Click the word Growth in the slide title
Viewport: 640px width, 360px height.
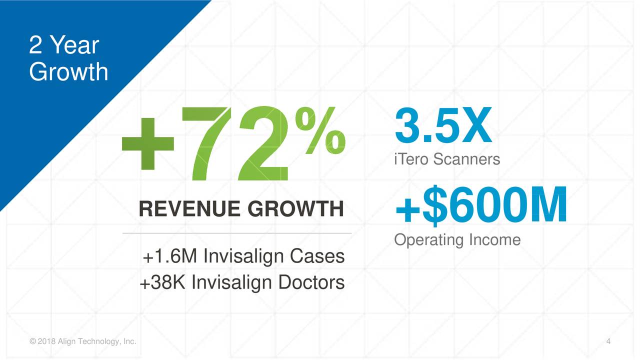(x=68, y=71)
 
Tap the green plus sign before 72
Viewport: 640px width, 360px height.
(x=147, y=143)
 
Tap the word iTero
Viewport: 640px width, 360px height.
(x=411, y=159)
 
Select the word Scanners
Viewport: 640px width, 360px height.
(x=466, y=159)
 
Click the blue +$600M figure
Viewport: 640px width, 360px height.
(x=481, y=205)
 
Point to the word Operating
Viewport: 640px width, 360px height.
(x=429, y=240)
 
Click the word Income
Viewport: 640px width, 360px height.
(x=494, y=240)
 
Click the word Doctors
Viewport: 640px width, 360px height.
(x=311, y=283)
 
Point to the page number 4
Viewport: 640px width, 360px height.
(x=608, y=341)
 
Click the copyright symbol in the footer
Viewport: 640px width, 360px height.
(x=32, y=342)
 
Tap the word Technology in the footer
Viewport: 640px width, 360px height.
(x=94, y=342)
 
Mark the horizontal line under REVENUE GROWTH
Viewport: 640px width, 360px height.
(x=237, y=233)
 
